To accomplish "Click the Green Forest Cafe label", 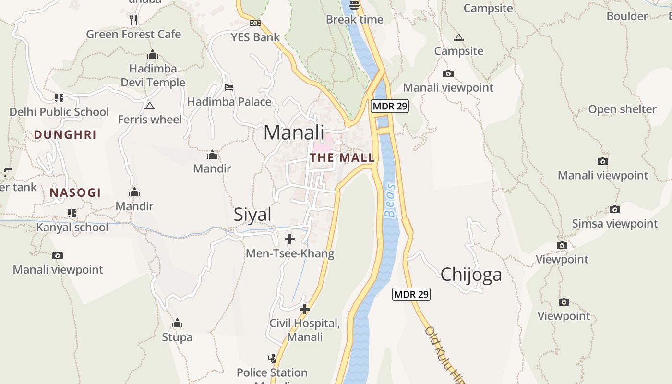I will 133,35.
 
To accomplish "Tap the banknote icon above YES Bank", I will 255,23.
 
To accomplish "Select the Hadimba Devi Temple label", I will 153,75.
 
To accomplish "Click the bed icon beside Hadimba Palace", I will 229,87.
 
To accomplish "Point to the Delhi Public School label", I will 60,112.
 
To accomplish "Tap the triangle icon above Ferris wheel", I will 150,106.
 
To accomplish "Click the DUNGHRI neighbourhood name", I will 65,135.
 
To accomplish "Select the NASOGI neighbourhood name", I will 75,193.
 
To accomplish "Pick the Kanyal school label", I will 72,227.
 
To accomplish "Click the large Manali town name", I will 294,132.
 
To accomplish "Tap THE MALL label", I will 342,157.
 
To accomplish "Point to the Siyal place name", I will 252,215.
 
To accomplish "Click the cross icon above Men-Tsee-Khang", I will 290,239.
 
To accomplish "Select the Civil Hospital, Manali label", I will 305,330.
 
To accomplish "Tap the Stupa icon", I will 177,323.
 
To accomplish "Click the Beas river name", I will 391,200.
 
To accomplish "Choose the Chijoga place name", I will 471,274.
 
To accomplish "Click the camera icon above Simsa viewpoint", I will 615,209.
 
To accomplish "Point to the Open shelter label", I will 622,109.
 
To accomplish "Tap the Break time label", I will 354,20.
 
